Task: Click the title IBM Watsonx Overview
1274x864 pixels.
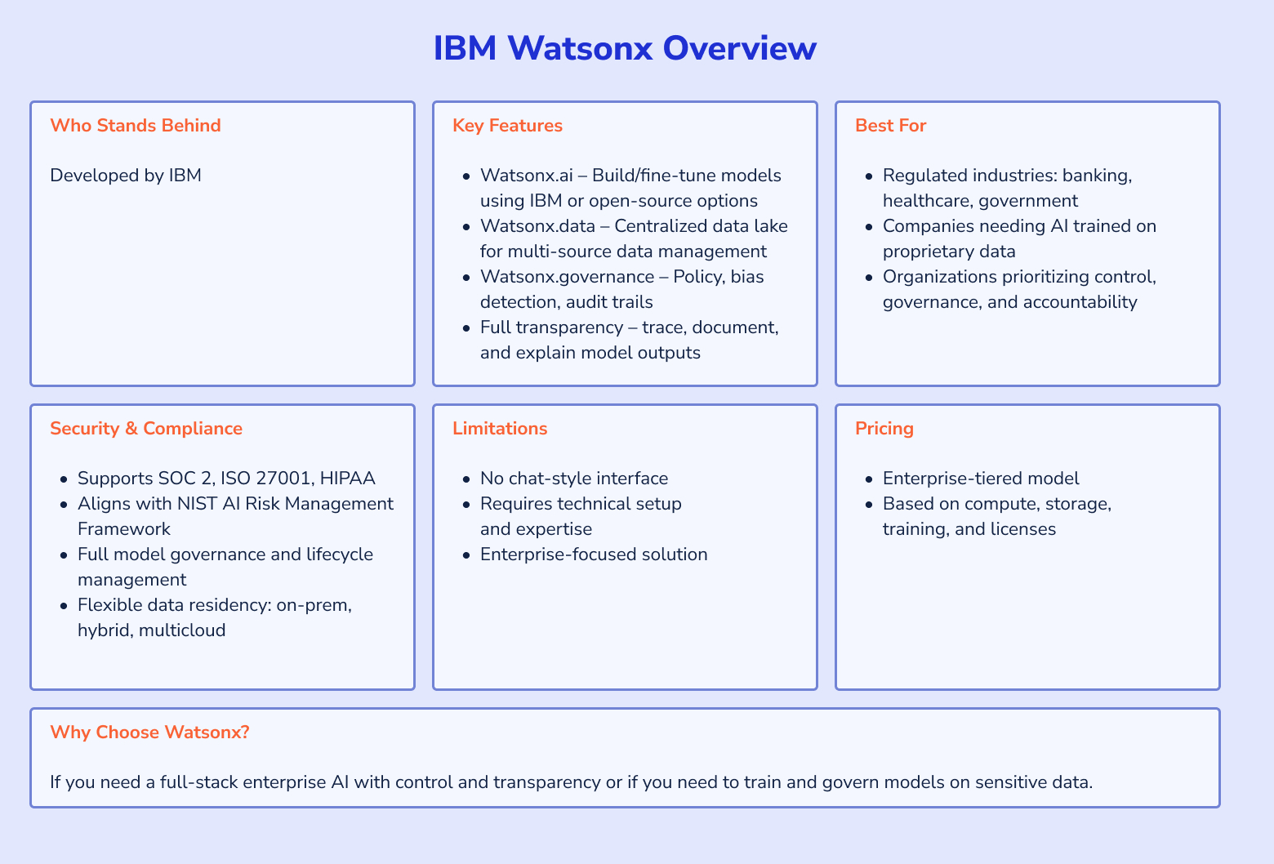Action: pyautogui.click(x=624, y=48)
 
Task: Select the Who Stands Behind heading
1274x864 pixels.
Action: pyautogui.click(x=136, y=125)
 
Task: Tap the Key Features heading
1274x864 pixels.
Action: pyautogui.click(x=507, y=125)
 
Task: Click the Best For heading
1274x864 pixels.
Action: pyautogui.click(x=890, y=125)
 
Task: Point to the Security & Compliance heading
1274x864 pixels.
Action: pyautogui.click(x=146, y=428)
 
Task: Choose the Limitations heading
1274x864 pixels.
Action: pyautogui.click(x=500, y=428)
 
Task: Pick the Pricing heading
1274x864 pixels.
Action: pyautogui.click(x=884, y=428)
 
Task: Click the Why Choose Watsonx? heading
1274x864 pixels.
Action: pyautogui.click(x=149, y=732)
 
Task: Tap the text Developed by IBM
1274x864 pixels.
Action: pyautogui.click(x=126, y=175)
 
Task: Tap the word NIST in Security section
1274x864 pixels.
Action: pyautogui.click(x=196, y=503)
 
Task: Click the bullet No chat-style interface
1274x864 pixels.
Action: pyautogui.click(x=574, y=478)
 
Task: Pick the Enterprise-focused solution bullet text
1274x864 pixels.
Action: pyautogui.click(x=594, y=554)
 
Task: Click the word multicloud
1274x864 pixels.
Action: pyautogui.click(x=182, y=630)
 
